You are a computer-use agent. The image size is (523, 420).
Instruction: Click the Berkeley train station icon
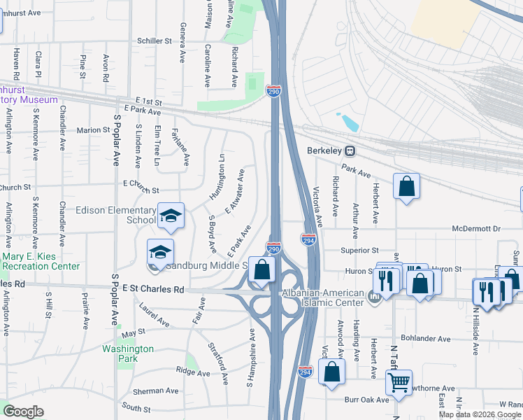(352, 150)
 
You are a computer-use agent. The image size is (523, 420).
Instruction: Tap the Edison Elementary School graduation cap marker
(170, 216)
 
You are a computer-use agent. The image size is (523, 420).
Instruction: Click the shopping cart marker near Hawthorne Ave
(399, 382)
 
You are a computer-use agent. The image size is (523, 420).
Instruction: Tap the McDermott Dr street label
(477, 228)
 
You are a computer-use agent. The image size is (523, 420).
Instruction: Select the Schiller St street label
(155, 41)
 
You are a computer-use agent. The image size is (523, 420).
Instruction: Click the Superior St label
(359, 250)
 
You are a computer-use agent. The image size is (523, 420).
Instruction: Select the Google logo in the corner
(23, 412)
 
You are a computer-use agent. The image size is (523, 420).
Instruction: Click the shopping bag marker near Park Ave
(406, 186)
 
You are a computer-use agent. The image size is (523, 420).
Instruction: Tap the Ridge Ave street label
(192, 373)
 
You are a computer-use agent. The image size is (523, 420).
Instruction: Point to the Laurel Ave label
(155, 315)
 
